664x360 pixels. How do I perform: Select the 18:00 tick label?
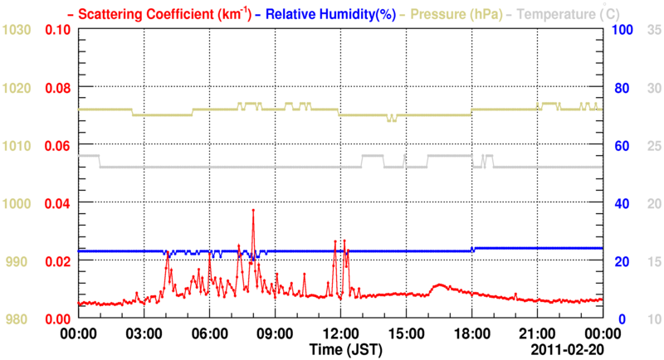[x=471, y=335]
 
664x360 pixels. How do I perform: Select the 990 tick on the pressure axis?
[x=20, y=261]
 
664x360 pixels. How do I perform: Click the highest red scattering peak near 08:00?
[x=253, y=211]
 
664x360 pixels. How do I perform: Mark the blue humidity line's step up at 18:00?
[x=472, y=249]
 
